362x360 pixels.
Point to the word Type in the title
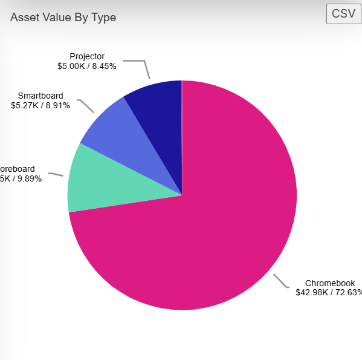click(103, 18)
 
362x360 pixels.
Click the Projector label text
click(87, 57)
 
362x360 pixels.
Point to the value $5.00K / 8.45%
click(87, 66)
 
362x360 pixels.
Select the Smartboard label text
click(40, 96)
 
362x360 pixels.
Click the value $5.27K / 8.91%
click(40, 105)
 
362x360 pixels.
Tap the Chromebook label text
click(329, 283)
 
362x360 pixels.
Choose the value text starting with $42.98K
click(328, 292)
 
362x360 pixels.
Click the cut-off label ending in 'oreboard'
click(18, 169)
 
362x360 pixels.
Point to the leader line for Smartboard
click(87, 106)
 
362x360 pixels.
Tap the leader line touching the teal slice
click(56, 174)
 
